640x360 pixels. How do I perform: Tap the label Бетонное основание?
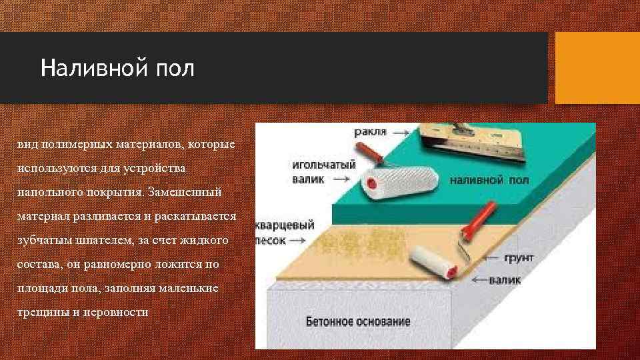tap(358, 322)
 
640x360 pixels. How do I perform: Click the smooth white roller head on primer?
tap(433, 263)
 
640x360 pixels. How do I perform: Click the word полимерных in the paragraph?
tap(74, 144)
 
